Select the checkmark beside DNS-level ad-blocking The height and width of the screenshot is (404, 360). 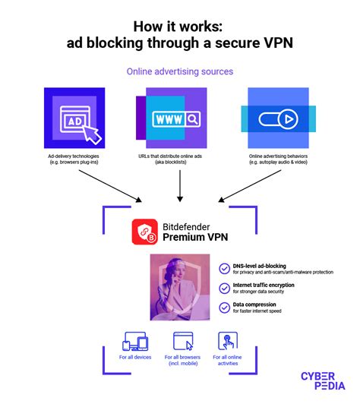click(x=224, y=268)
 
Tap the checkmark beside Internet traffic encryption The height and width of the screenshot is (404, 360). click(x=224, y=289)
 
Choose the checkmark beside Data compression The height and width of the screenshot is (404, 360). click(x=224, y=308)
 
